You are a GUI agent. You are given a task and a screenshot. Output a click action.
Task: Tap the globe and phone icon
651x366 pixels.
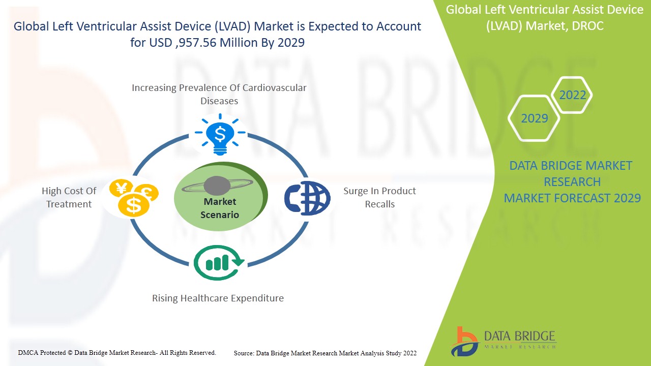[307, 197]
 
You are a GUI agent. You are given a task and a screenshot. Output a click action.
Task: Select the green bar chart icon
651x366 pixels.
[219, 262]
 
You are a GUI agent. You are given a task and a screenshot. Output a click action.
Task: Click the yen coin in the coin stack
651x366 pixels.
[121, 189]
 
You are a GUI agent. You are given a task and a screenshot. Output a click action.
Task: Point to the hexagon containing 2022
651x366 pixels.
[573, 95]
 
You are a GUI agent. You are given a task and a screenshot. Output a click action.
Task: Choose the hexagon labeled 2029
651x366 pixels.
[534, 118]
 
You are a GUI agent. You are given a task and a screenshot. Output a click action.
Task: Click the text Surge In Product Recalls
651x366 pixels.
[379, 197]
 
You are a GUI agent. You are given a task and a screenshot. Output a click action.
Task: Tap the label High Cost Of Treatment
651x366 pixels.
[69, 197]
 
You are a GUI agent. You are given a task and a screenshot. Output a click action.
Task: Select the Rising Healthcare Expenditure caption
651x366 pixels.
[218, 298]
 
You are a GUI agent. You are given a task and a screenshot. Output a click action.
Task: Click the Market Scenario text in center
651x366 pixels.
[220, 208]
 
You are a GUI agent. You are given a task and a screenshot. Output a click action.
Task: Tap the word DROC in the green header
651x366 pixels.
[587, 26]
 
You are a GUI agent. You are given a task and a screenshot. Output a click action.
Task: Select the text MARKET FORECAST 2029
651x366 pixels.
[572, 198]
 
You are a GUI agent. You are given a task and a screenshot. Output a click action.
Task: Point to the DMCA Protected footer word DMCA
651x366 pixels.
[28, 352]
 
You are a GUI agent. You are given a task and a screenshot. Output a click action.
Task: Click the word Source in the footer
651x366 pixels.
[244, 353]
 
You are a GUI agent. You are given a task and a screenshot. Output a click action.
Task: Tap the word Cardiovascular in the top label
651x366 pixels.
[275, 87]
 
